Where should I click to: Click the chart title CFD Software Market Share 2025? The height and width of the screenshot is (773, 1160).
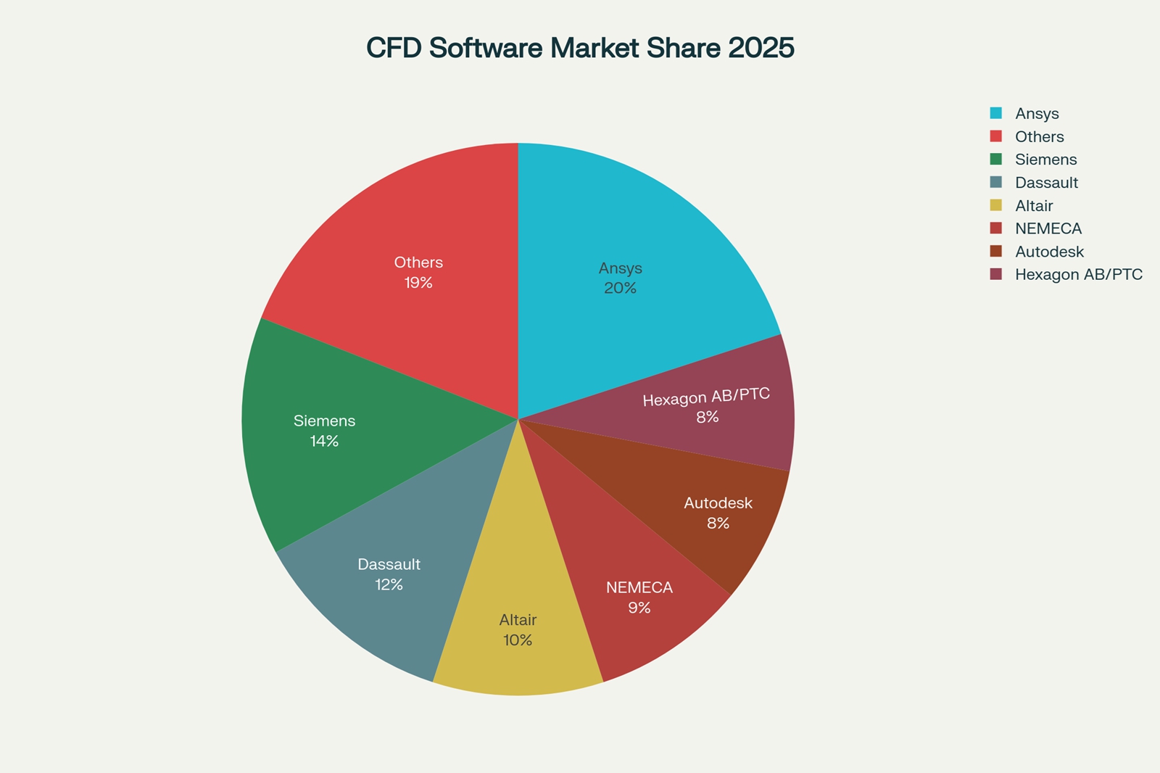(x=580, y=48)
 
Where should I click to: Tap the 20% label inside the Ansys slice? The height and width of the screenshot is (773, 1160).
(x=620, y=288)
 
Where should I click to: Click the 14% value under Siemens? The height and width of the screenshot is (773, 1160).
(x=324, y=441)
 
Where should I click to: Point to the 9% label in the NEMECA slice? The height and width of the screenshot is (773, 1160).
(x=639, y=608)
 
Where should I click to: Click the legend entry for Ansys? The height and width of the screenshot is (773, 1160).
(x=1037, y=114)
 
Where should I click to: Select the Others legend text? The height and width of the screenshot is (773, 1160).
(x=1039, y=137)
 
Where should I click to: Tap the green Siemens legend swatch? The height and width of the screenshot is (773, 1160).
(x=996, y=159)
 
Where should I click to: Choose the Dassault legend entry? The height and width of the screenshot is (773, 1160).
(x=1046, y=183)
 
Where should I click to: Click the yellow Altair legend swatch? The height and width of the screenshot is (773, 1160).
(x=996, y=205)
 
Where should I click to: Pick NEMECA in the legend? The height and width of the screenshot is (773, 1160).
(x=1048, y=228)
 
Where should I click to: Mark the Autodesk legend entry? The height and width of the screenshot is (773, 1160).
(x=1049, y=252)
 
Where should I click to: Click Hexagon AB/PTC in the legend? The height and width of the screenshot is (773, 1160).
(x=1078, y=275)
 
